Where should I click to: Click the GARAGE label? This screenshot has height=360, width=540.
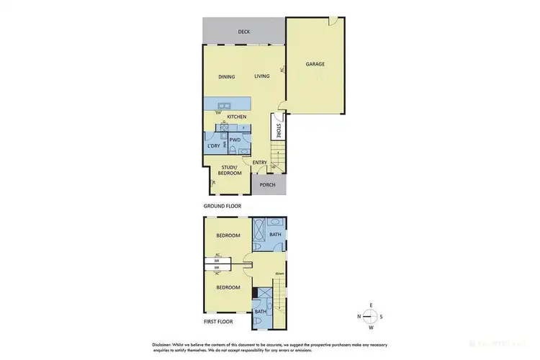pyautogui.click(x=315, y=64)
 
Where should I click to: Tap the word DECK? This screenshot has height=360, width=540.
pyautogui.click(x=244, y=32)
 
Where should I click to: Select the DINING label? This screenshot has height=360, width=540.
pyautogui.click(x=228, y=76)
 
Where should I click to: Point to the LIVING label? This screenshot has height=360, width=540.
pyautogui.click(x=261, y=76)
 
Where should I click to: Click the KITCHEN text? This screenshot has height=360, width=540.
pyautogui.click(x=237, y=117)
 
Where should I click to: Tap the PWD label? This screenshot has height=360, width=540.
pyautogui.click(x=235, y=140)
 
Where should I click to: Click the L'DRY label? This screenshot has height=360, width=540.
pyautogui.click(x=213, y=146)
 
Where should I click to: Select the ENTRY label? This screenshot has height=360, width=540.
pyautogui.click(x=260, y=163)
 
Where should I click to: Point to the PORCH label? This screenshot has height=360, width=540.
pyautogui.click(x=268, y=184)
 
